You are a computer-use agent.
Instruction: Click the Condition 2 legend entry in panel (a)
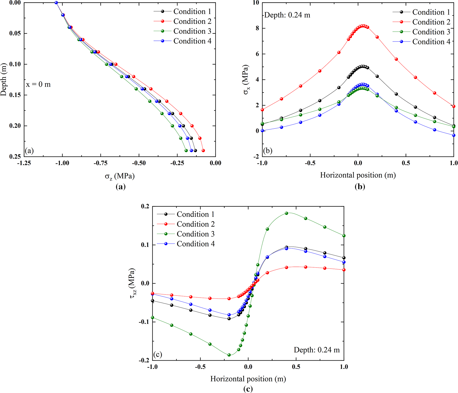tap(192, 21)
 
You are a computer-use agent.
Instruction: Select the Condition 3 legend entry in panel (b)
tap(431, 32)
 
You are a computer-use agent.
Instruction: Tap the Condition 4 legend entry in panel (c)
tap(196, 244)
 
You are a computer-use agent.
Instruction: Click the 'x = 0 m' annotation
tap(38, 84)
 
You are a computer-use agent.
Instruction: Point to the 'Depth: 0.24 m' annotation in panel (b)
tap(287, 15)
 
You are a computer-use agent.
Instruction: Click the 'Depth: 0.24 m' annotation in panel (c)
tap(317, 350)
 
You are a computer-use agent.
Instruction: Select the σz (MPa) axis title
tap(120, 176)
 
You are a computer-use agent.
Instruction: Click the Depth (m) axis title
tap(4, 79)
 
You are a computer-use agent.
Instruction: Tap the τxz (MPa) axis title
tap(133, 283)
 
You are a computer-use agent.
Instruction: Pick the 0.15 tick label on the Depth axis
tap(15, 95)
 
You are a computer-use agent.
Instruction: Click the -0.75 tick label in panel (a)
tap(101, 163)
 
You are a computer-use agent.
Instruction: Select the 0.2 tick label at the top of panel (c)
tap(145, 206)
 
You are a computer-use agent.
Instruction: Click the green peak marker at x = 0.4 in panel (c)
tap(286, 213)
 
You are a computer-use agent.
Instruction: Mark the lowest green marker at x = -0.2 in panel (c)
tap(229, 355)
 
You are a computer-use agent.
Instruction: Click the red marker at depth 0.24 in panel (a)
tap(203, 151)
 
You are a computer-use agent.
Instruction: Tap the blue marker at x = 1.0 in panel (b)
tap(454, 135)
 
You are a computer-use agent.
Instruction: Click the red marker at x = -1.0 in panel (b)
tap(262, 110)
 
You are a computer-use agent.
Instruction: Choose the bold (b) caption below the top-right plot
tap(360, 187)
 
